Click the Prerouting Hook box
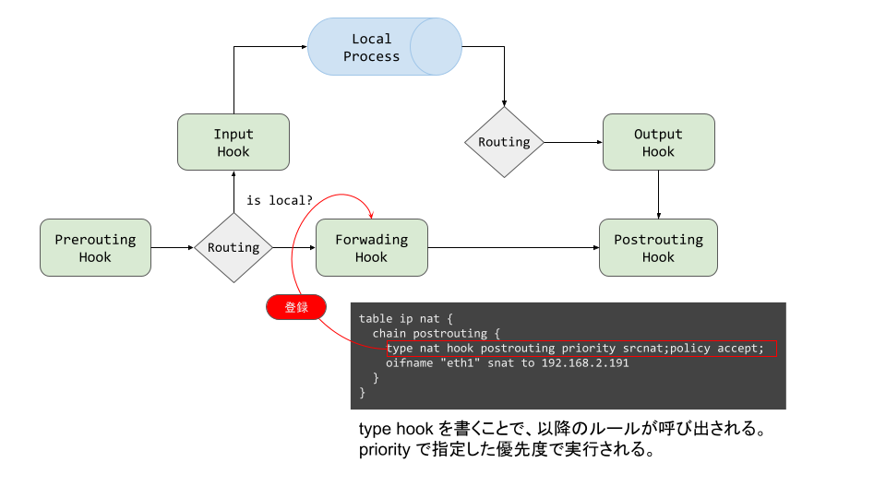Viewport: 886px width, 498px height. [x=95, y=248]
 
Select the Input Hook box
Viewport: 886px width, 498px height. [x=233, y=142]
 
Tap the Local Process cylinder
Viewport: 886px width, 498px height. [x=383, y=48]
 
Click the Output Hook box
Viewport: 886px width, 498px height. [x=658, y=142]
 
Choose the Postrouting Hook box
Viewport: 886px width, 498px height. [x=658, y=248]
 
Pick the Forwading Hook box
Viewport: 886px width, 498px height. [x=371, y=248]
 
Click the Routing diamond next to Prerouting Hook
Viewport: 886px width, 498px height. [x=233, y=247]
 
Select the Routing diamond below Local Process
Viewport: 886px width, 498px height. [x=504, y=142]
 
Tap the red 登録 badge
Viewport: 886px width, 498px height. [x=296, y=307]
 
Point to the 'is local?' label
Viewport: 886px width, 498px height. [x=280, y=200]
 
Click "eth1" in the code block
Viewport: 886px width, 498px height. [x=441, y=362]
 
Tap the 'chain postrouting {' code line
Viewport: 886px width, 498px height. [x=436, y=333]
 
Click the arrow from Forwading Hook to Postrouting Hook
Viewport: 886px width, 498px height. [x=513, y=247]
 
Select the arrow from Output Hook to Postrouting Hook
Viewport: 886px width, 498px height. [x=658, y=195]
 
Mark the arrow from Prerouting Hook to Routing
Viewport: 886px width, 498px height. [x=173, y=247]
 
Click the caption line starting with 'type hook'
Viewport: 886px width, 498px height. [x=563, y=431]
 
